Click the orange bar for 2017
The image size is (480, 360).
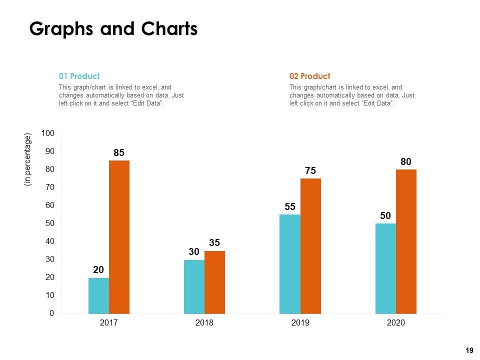[x=119, y=237]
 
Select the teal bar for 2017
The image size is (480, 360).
[x=98, y=295]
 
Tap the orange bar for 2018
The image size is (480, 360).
[x=214, y=282]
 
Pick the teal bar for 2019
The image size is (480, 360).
[x=290, y=264]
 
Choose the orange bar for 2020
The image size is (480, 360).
[x=406, y=241]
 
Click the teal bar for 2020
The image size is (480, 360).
[x=385, y=268]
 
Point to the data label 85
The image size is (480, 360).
[x=119, y=152]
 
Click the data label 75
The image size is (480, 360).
[x=310, y=171]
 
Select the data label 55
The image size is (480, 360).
[x=290, y=206]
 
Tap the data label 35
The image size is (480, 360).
[x=214, y=243]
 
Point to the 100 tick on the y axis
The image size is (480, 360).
[x=48, y=133]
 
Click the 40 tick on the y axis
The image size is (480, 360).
[x=50, y=241]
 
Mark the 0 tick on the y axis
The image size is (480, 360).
[x=52, y=313]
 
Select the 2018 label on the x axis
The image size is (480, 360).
[x=204, y=323]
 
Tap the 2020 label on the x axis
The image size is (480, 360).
[x=395, y=323]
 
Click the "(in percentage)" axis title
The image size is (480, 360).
[x=27, y=160]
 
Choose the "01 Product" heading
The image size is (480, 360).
[x=79, y=76]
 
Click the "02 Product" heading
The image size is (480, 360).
[x=309, y=76]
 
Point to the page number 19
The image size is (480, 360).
[x=469, y=351]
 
